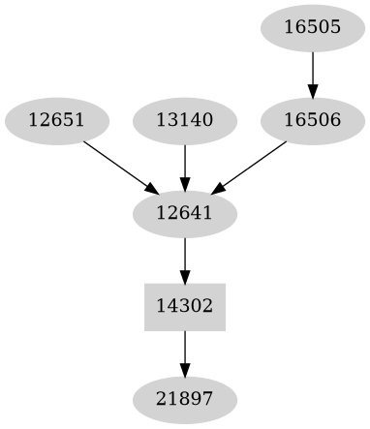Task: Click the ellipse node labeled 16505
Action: pos(313,27)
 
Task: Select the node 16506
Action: pos(313,121)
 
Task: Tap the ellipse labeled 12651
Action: pos(56,121)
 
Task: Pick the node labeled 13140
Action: pos(184,121)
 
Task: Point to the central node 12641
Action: pos(184,212)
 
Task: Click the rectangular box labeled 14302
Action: pos(184,306)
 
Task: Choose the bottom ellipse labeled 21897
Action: pos(184,398)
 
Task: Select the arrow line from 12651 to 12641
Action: pos(116,164)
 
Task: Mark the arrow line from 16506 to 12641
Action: pos(252,164)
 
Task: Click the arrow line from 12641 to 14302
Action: pos(184,256)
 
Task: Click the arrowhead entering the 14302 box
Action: pos(184,276)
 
